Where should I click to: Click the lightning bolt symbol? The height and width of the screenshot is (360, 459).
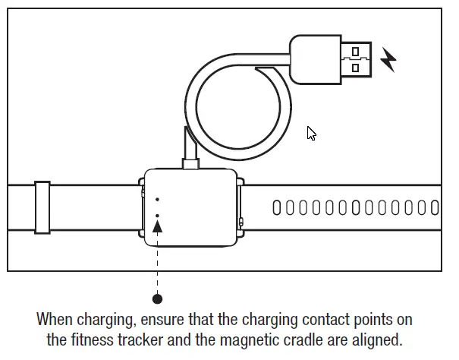[388, 59]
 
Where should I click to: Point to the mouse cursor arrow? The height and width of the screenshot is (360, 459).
[310, 133]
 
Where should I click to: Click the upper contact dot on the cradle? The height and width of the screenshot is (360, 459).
[158, 200]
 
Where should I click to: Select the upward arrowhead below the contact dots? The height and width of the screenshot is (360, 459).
[158, 225]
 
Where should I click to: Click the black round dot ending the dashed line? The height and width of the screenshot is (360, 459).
[158, 299]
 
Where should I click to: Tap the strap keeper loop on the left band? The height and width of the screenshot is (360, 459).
[42, 207]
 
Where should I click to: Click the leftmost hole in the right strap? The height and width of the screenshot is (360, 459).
[276, 207]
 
